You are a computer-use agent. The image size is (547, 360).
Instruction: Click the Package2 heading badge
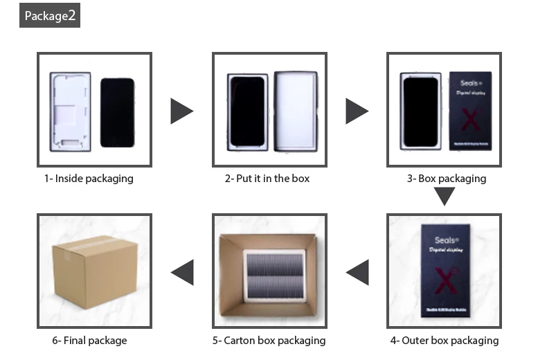(50, 15)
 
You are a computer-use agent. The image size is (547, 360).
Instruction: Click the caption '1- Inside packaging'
(89, 179)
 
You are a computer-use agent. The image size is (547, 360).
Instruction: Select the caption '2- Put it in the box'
(267, 179)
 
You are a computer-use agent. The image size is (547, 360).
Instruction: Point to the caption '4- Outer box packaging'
(444, 341)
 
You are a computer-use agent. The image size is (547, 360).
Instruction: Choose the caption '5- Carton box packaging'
(269, 341)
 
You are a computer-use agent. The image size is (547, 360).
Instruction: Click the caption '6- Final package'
(89, 341)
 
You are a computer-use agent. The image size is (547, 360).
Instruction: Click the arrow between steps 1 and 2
(181, 111)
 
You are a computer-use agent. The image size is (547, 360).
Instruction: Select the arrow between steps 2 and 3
(357, 111)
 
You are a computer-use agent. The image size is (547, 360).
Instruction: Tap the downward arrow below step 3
(444, 197)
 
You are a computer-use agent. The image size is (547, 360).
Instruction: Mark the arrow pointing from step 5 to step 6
(182, 272)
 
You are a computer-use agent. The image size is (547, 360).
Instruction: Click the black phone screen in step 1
(117, 112)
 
